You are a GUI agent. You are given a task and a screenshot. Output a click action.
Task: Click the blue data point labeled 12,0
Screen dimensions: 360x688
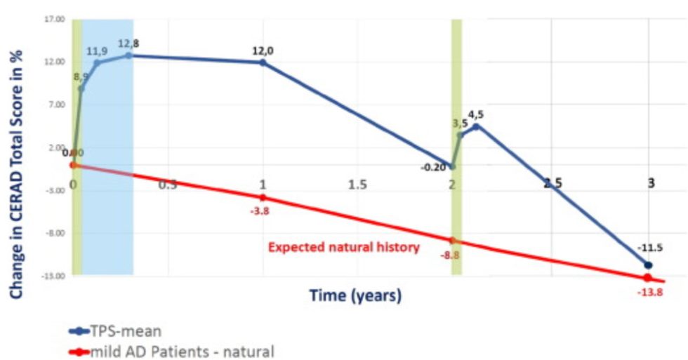pyautogui.click(x=263, y=62)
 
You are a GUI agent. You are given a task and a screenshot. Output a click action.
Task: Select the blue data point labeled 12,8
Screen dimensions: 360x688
pyautogui.click(x=128, y=55)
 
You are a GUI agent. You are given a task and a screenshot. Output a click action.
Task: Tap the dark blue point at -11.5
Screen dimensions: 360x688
pyautogui.click(x=647, y=265)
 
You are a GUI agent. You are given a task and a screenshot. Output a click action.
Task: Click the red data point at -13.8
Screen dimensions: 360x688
pyautogui.click(x=647, y=278)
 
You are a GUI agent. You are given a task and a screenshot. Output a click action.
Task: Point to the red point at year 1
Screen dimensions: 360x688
pyautogui.click(x=263, y=197)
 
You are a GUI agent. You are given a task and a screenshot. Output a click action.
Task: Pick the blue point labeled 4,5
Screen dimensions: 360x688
pyautogui.click(x=476, y=126)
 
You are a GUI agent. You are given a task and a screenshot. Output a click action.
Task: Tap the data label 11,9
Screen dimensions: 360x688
pyautogui.click(x=98, y=51)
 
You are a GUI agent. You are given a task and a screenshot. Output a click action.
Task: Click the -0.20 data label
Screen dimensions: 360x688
pyautogui.click(x=430, y=167)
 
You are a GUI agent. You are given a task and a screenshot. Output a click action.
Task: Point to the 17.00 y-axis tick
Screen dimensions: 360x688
pyautogui.click(x=54, y=19)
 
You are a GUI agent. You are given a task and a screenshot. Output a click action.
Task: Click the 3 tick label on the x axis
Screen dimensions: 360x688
pyautogui.click(x=651, y=183)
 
